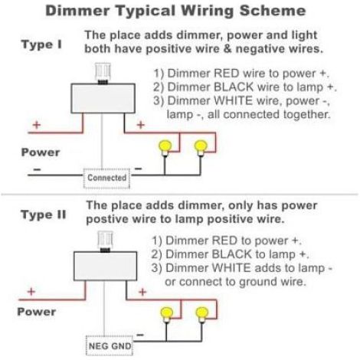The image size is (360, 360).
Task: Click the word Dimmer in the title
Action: coord(77,11)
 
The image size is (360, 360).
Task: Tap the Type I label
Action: coord(41,44)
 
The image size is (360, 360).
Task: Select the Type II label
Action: coord(44,214)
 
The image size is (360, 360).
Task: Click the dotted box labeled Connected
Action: coord(106,178)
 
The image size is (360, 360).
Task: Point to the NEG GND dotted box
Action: coord(110,345)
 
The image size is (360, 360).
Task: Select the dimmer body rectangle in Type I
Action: coord(103,98)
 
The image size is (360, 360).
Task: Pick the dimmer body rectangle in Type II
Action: coord(105,267)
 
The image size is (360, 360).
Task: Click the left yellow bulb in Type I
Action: coord(165,148)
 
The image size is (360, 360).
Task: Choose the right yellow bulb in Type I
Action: coord(201,148)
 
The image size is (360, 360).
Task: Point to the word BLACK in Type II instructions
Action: coord(232,254)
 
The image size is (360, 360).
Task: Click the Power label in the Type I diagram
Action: coord(41,152)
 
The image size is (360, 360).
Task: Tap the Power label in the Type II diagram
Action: coord(37,312)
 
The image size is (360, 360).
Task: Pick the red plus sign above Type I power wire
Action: coord(37,125)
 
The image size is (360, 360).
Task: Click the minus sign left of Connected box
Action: coord(38,169)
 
